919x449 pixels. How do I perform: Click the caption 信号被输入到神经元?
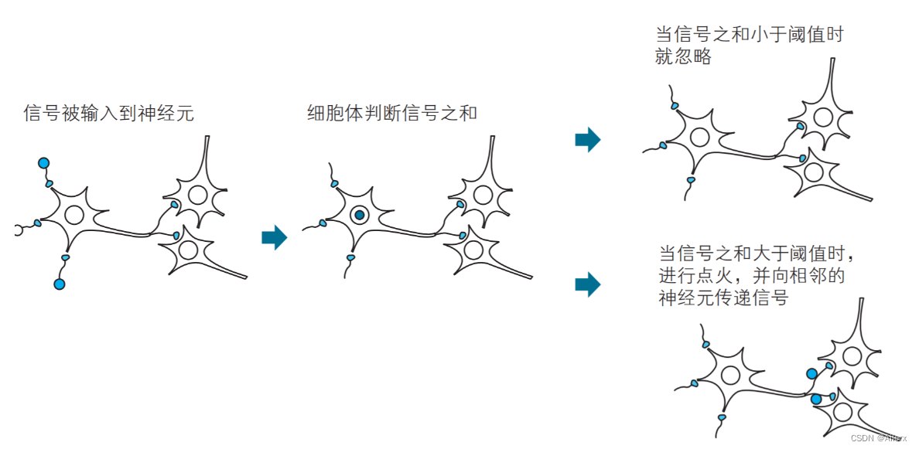[108, 114]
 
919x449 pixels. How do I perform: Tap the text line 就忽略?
[682, 57]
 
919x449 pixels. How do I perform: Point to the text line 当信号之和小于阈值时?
[748, 35]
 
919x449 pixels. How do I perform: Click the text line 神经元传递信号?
[723, 298]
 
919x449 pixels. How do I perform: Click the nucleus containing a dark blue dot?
[360, 215]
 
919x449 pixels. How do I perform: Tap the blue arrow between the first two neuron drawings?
[274, 237]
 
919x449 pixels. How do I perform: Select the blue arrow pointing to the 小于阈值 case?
[588, 140]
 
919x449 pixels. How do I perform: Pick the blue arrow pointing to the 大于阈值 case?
[588, 284]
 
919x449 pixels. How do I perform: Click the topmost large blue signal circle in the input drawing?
[43, 163]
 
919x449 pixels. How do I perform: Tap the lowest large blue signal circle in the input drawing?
[60, 284]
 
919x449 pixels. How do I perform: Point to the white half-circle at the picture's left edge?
[18, 230]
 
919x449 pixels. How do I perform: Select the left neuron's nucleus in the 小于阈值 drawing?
[699, 138]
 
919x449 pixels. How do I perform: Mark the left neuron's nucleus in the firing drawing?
[729, 376]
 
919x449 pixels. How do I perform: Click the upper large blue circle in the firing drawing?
[811, 374]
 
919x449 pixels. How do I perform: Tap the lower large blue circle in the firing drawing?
[815, 400]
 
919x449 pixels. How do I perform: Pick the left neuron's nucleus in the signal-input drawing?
[74, 215]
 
